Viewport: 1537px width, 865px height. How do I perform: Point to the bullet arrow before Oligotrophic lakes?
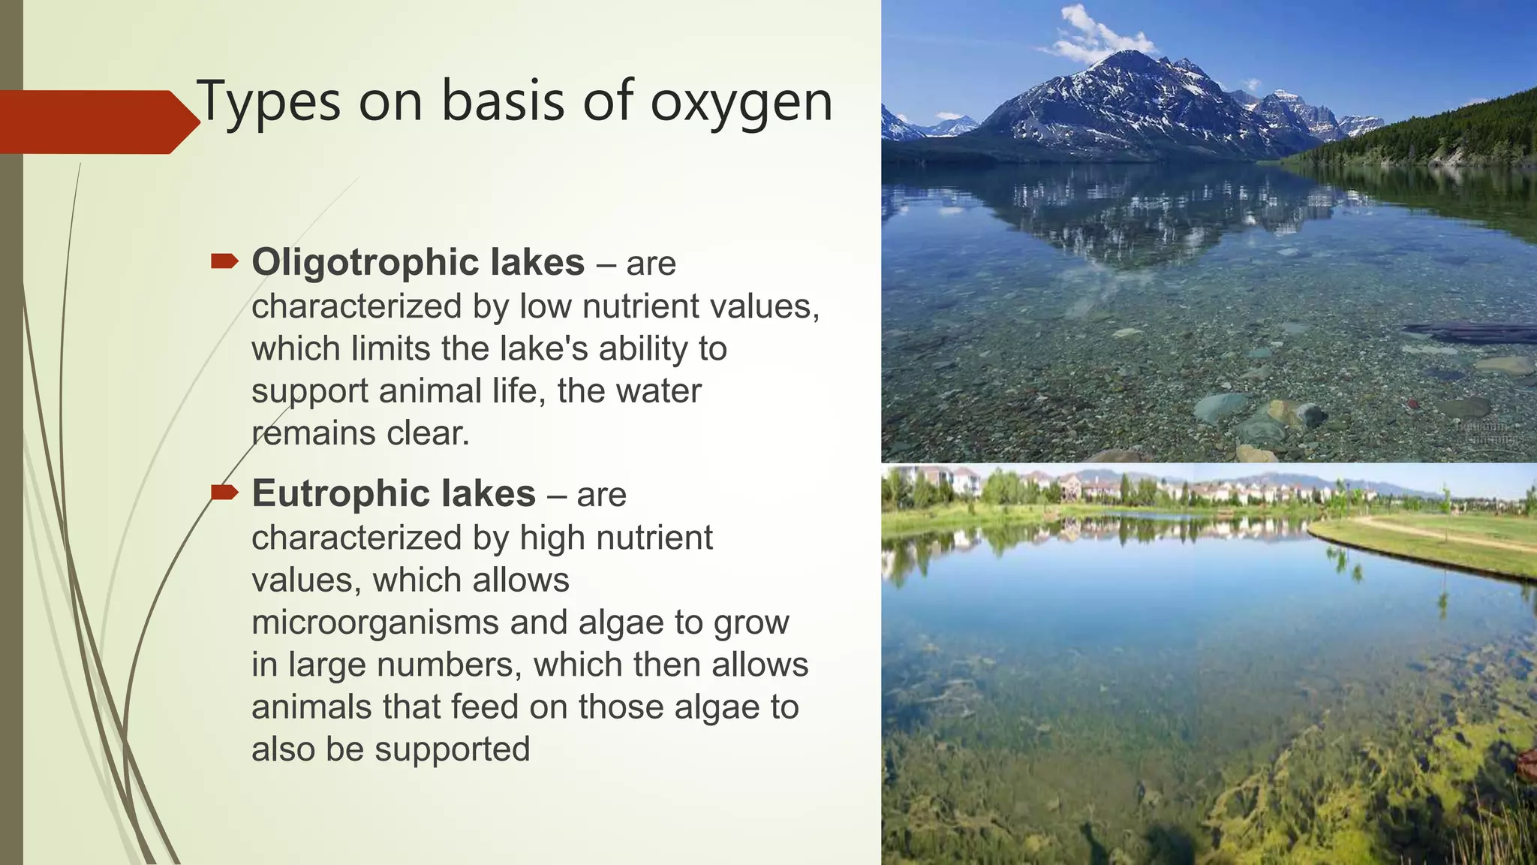tap(224, 261)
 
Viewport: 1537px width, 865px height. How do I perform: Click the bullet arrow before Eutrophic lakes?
tap(224, 493)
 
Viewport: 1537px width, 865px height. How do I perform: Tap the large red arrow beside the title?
tap(98, 122)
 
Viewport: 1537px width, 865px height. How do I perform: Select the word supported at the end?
tap(453, 749)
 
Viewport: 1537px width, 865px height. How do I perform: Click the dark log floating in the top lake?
tap(1467, 332)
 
